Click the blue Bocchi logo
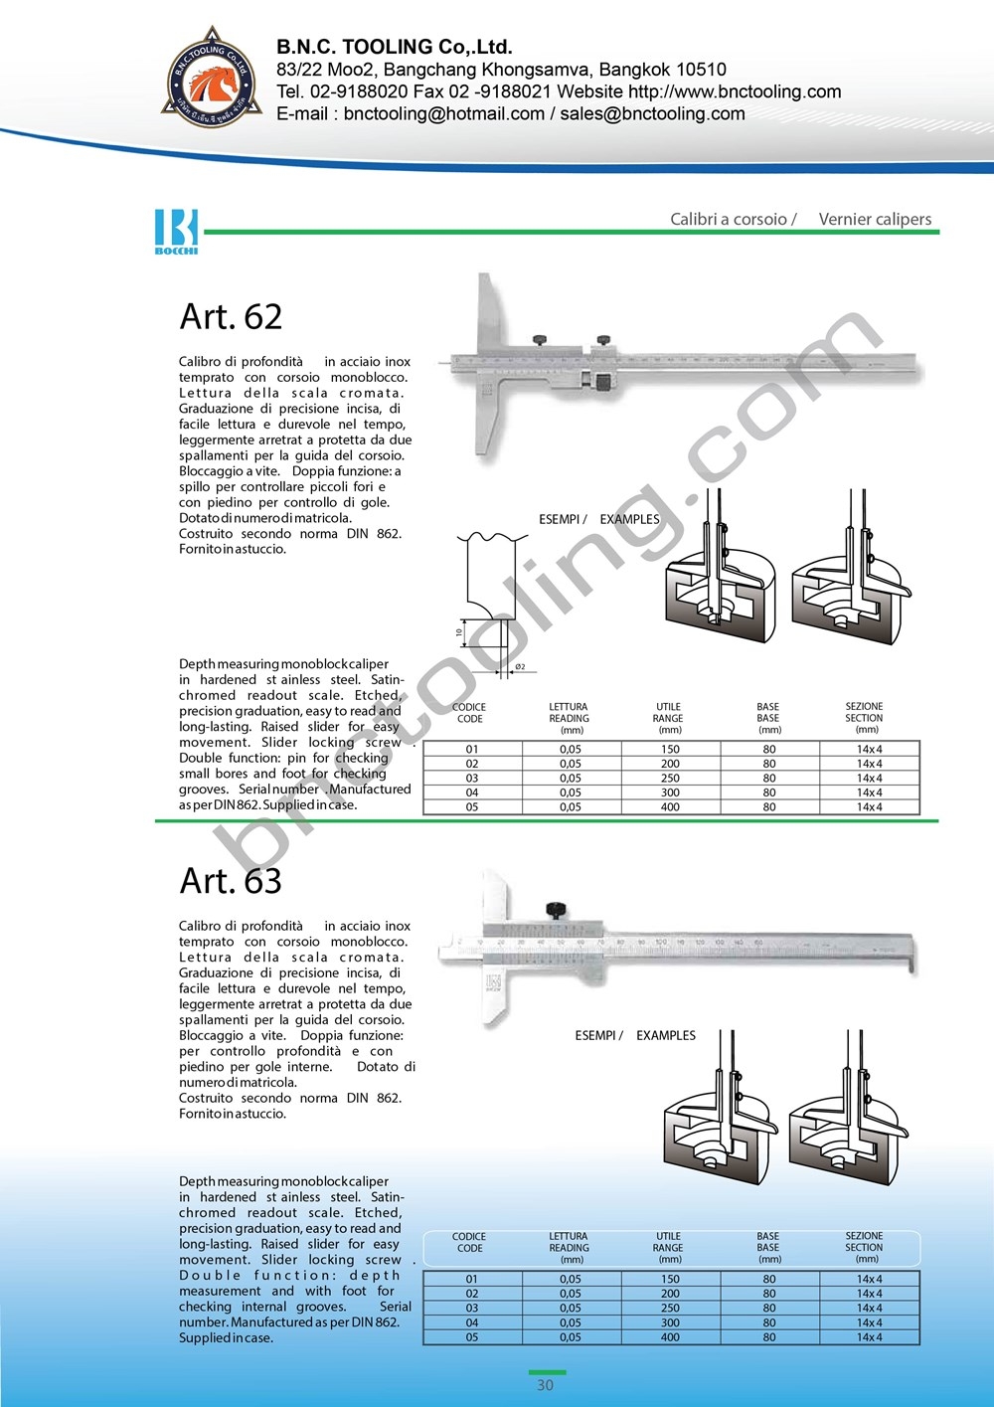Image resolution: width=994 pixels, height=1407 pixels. point(176,231)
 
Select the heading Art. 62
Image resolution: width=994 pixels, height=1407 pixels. point(231,316)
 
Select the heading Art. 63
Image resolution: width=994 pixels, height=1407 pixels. point(231,880)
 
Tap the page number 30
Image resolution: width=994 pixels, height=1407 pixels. point(545,1385)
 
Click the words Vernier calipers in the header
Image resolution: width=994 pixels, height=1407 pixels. point(875,219)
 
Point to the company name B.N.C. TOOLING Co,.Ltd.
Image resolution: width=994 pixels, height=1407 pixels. point(394,47)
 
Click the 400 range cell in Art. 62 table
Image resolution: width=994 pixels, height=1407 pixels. point(670,807)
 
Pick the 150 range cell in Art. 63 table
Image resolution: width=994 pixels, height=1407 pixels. point(670,1279)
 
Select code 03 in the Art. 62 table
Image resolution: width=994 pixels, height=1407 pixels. point(472,779)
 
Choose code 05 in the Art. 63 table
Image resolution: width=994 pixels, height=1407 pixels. point(472,1337)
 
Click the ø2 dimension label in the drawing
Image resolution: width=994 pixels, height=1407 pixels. point(520,667)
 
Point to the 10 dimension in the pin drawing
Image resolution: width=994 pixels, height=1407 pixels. point(459,632)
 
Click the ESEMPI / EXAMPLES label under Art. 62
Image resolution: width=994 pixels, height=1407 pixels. point(598,519)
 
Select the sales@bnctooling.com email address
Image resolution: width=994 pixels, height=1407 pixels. point(652,113)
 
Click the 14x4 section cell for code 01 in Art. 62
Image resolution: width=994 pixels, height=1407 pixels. point(869,750)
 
